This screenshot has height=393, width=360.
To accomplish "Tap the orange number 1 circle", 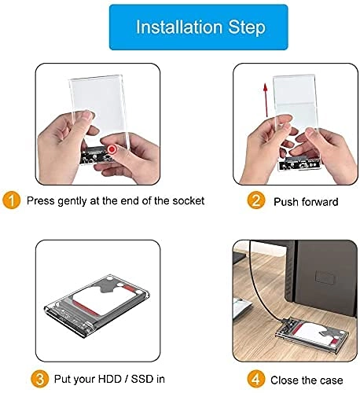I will click(x=12, y=200).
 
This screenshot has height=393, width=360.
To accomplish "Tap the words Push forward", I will click(x=306, y=201).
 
